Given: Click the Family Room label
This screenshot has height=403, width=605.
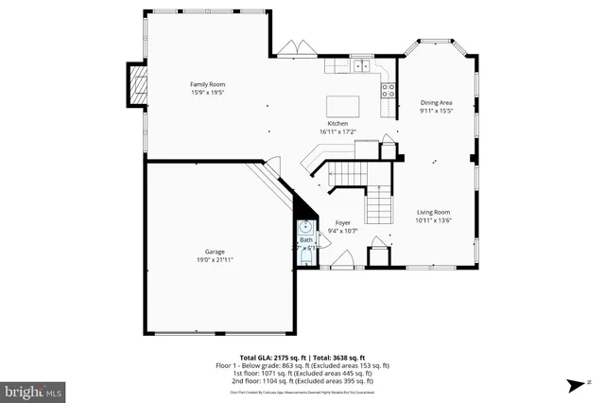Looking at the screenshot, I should point(208,84).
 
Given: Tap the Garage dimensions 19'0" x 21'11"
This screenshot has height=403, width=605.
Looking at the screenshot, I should point(214,259).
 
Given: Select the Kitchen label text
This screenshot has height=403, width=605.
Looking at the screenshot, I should point(337,124).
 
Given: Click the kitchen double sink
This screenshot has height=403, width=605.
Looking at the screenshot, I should point(360,66).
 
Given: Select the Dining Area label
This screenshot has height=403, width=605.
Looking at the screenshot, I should point(436,102).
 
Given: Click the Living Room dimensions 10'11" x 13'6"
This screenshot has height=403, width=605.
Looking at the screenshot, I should point(435,220).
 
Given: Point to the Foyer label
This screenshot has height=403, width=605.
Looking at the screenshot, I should point(342,222).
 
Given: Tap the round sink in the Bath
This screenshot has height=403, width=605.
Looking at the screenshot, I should point(305,227).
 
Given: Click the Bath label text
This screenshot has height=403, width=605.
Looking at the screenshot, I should point(305,240).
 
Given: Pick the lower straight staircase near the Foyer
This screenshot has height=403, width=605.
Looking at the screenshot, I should point(378,201).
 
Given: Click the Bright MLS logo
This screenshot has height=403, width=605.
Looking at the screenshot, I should point(33,390).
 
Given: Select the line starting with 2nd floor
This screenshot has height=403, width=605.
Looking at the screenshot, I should point(302,380).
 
